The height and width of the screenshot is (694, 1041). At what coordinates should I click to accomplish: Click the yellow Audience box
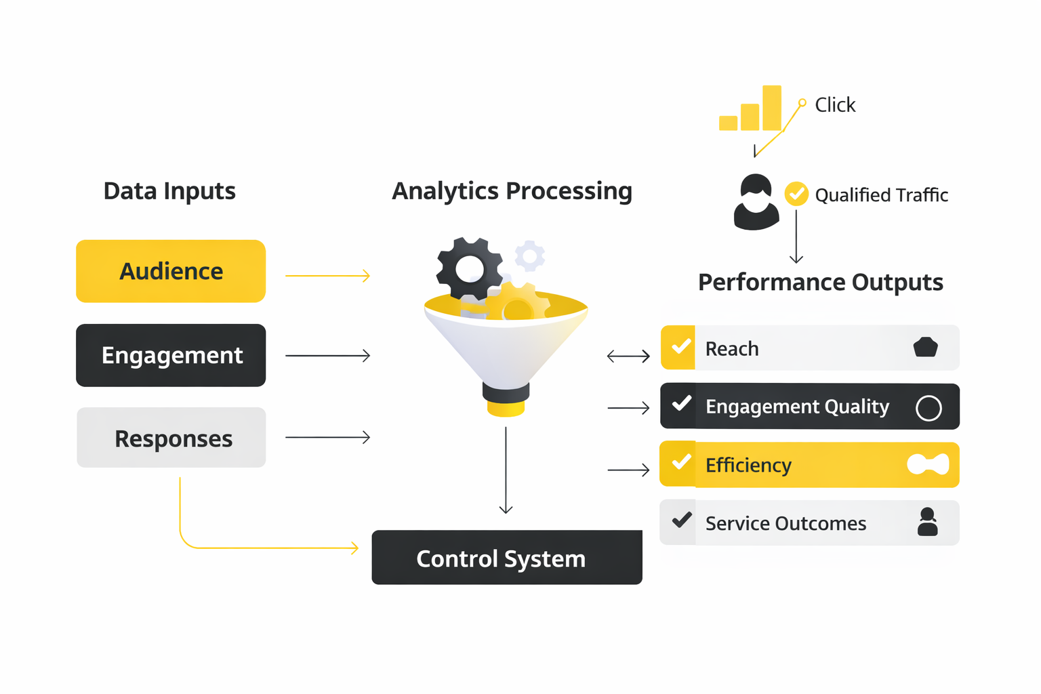point(171,271)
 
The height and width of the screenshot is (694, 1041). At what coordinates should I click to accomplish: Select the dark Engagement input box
point(171,355)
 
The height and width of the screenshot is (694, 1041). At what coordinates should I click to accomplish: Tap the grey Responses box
point(171,438)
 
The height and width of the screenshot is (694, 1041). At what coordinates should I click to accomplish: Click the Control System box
point(506,558)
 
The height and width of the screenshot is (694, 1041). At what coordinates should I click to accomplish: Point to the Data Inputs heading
point(169,191)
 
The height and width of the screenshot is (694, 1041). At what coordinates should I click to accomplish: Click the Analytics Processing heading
point(512,191)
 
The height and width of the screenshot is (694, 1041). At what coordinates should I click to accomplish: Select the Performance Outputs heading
point(820,282)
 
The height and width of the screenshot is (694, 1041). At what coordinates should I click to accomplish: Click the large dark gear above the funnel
point(469,269)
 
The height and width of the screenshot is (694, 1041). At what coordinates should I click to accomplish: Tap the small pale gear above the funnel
point(529,256)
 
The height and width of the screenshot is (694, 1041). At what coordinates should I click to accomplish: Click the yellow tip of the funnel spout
point(506,409)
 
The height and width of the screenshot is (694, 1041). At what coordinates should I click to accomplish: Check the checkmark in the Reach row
point(680,347)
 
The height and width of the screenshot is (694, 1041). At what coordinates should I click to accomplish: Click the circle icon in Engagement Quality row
point(928,408)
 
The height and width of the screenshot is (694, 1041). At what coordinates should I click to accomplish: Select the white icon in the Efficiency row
point(928,464)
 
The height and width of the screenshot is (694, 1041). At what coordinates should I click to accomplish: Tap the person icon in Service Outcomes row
point(927,523)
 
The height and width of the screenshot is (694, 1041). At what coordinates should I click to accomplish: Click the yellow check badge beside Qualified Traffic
point(796,194)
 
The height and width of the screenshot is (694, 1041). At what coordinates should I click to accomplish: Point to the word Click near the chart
point(835,105)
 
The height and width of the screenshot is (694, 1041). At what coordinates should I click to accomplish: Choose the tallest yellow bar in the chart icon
point(771,108)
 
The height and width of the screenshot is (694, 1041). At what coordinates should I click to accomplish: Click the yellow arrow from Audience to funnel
point(327,276)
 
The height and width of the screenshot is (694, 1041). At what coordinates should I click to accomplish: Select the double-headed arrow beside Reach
point(628,356)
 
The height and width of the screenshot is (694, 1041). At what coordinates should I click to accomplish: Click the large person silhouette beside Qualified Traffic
point(756,203)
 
